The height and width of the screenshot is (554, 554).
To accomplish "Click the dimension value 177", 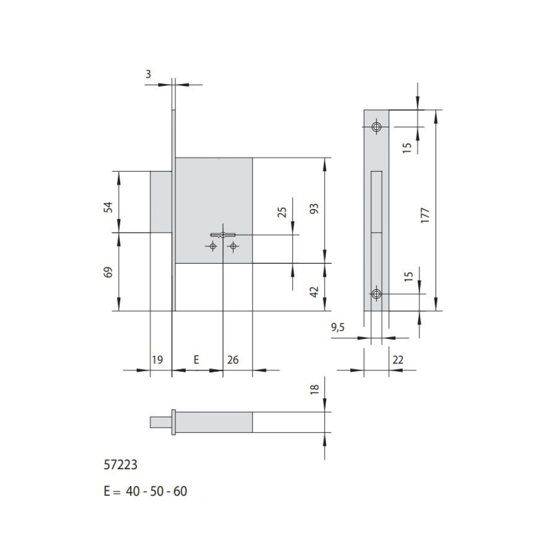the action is coord(425,215).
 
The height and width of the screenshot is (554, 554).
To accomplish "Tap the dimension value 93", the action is coord(314,208).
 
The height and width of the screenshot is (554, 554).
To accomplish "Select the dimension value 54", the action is coord(109,207).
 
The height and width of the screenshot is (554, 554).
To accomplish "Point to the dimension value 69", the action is coord(109,272).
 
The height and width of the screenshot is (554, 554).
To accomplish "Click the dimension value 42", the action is coord(314,292).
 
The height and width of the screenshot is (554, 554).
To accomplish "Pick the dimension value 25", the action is coord(282,212).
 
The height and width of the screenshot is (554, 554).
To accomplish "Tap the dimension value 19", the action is coord(157,360).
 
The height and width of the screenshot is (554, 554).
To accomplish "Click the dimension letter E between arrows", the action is coord(197,360).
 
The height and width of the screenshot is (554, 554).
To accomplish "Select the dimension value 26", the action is coord(233,360).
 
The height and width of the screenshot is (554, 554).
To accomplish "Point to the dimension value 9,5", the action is coord(337,328).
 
